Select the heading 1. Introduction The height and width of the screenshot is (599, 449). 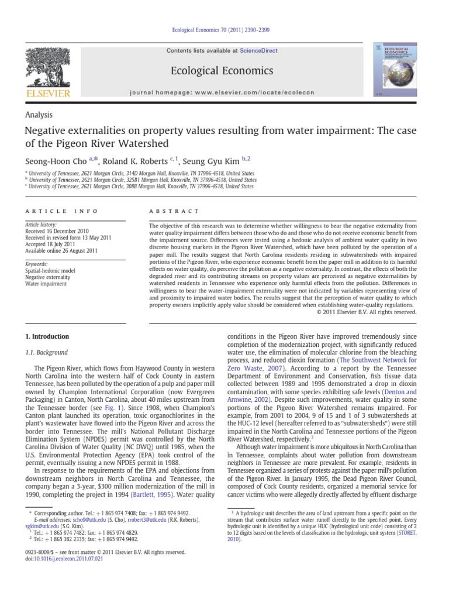click(46, 337)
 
